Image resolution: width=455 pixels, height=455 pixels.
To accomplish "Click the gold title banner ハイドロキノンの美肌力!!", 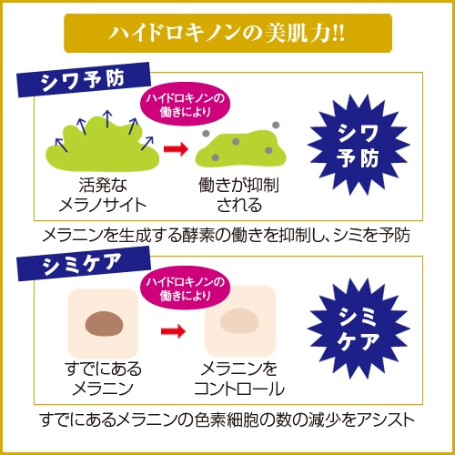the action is (x=227, y=33).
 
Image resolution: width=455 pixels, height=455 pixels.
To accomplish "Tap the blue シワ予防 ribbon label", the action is (x=84, y=79).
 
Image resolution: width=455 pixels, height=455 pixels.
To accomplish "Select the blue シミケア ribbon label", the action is (x=84, y=263).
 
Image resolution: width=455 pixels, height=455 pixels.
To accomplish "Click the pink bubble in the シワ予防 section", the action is (x=185, y=104).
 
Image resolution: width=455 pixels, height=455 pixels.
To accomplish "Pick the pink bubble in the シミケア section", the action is (x=185, y=288).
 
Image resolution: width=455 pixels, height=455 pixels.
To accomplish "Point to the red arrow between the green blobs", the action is (x=176, y=148).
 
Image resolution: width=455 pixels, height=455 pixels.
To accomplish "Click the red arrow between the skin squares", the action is (x=173, y=331).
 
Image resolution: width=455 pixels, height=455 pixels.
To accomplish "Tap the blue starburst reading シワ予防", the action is (x=359, y=145).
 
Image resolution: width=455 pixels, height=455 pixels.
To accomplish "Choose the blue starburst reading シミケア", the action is (x=359, y=329).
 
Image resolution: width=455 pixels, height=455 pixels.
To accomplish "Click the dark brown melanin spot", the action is (x=104, y=324).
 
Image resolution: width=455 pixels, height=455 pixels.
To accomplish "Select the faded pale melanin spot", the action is (x=239, y=321).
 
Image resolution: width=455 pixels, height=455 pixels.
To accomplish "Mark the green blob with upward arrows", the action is (x=103, y=143).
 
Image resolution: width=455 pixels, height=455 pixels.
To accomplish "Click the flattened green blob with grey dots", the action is (x=240, y=148).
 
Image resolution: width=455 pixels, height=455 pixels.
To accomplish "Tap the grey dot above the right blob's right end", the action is (x=276, y=125).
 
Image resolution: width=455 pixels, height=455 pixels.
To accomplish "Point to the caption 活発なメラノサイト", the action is (x=103, y=195).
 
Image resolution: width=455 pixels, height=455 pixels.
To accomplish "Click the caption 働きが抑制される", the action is (x=239, y=195).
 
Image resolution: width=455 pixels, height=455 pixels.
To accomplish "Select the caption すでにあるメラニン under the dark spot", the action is (x=103, y=379).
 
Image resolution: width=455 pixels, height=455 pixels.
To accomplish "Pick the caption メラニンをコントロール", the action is (x=239, y=379).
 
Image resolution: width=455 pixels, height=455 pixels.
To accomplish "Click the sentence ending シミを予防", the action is (x=227, y=236).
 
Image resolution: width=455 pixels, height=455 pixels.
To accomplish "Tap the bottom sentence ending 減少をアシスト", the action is (x=227, y=420).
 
